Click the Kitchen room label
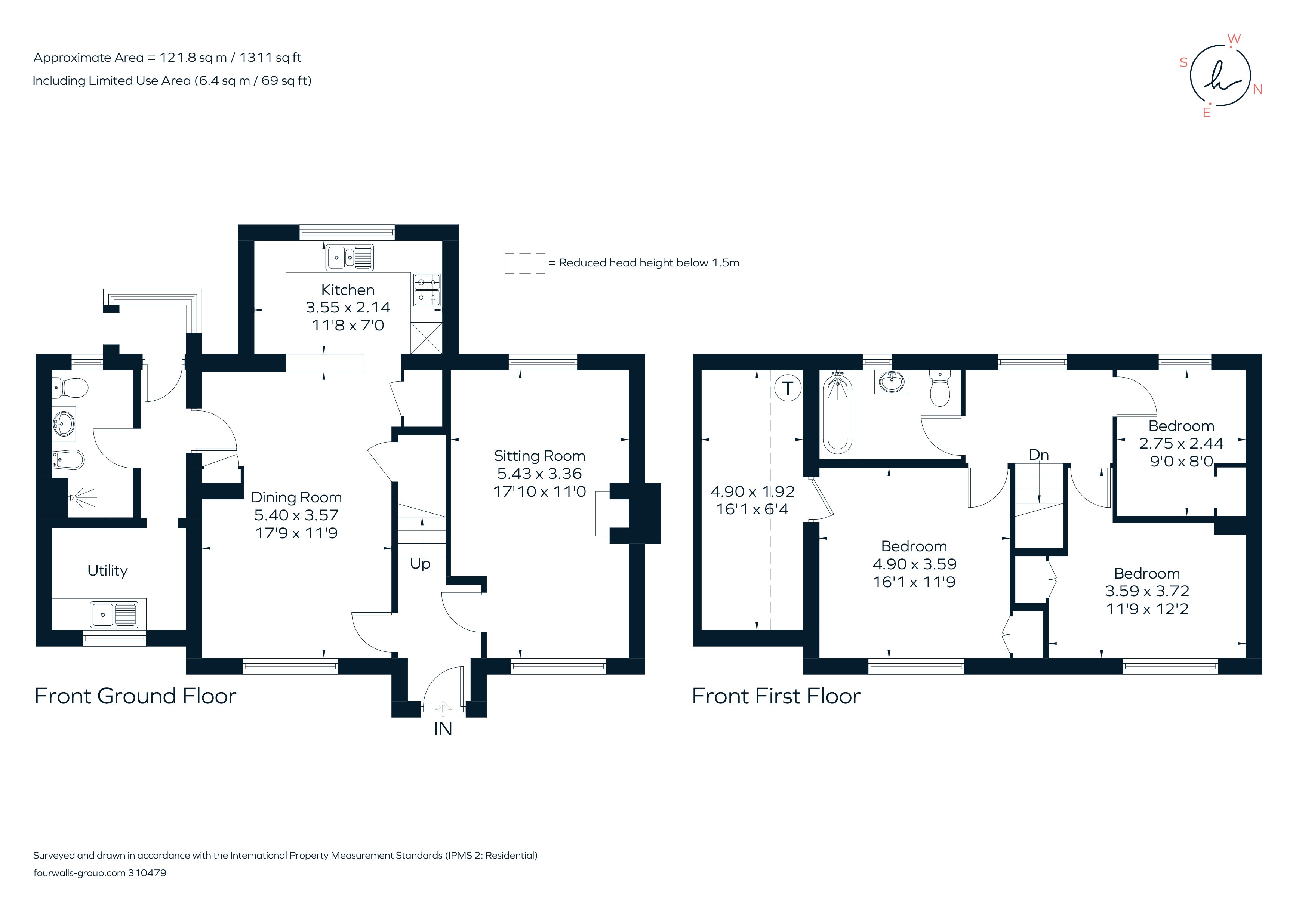click(348, 290)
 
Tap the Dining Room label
click(296, 497)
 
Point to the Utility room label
click(107, 571)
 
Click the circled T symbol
click(787, 388)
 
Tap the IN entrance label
click(443, 729)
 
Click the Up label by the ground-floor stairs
click(420, 564)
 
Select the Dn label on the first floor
click(1038, 455)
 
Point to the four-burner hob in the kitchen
click(427, 290)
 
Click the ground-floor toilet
click(71, 388)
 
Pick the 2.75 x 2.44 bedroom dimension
click(1181, 444)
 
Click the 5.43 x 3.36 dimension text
click(539, 474)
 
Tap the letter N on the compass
click(1257, 89)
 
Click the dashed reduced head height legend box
click(524, 263)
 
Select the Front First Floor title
click(776, 696)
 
